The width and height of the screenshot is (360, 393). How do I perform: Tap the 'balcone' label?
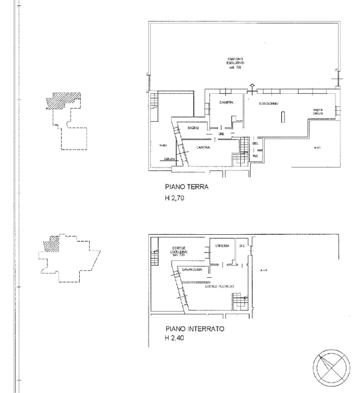point(169,159)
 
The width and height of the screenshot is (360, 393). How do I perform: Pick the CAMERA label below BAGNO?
point(204,148)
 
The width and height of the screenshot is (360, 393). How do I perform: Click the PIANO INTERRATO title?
point(194,330)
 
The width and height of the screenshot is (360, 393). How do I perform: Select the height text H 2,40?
point(176,339)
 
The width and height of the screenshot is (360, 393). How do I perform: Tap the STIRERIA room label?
point(222,246)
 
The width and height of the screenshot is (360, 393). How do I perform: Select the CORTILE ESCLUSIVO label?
point(179,251)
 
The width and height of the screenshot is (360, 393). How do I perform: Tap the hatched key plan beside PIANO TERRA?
point(63,102)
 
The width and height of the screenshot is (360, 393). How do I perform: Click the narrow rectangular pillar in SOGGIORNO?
point(282,116)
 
